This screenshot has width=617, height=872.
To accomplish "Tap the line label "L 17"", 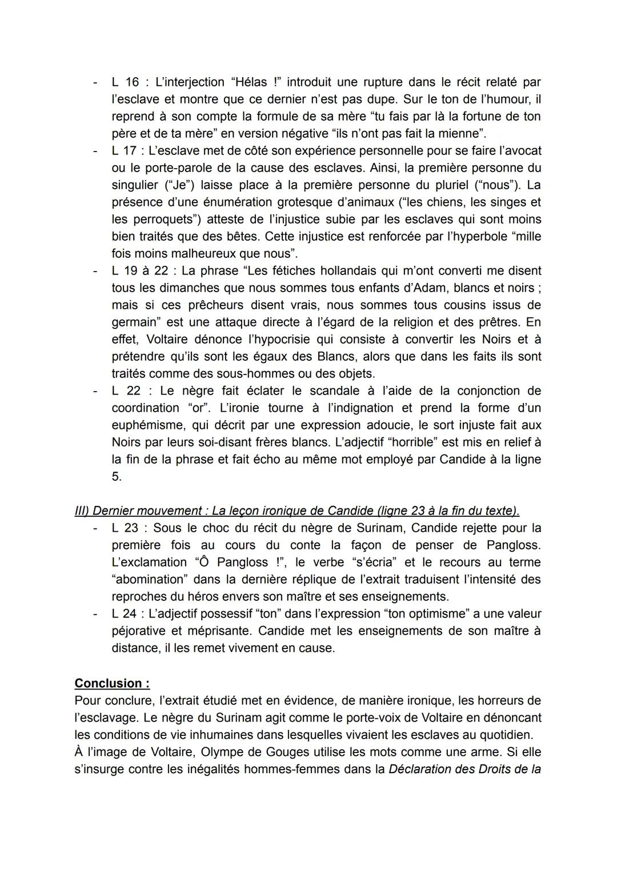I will [125, 150].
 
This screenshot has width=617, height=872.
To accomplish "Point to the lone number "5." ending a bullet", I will [117, 476].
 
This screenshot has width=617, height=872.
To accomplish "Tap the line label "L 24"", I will [125, 614].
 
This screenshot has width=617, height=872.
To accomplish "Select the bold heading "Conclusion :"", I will [112, 683].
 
